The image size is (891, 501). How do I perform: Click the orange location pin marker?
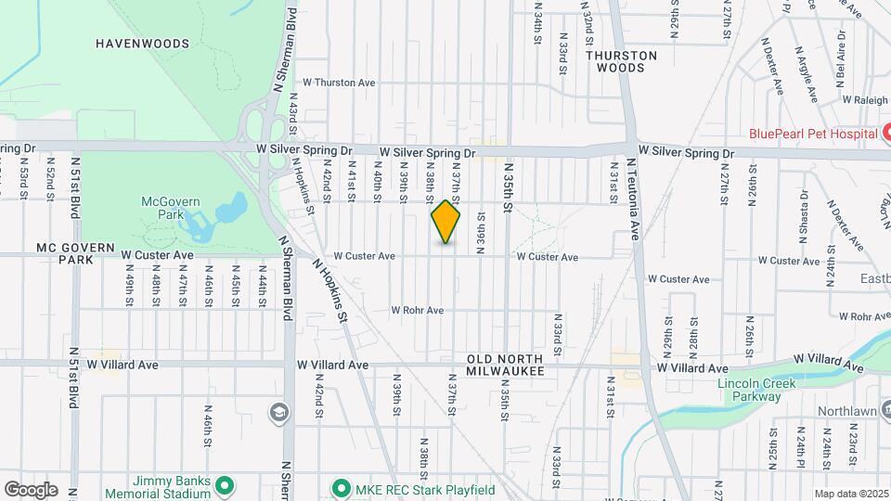click(446, 222)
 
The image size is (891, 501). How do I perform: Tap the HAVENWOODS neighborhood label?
click(142, 44)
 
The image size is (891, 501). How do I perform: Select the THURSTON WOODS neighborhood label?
click(621, 61)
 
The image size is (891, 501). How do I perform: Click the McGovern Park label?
click(164, 207)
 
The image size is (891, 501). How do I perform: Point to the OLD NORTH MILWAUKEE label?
click(504, 365)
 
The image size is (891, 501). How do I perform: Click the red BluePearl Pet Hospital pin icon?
click(886, 134)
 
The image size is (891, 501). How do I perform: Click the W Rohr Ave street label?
click(417, 310)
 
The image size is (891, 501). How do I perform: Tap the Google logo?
click(30, 489)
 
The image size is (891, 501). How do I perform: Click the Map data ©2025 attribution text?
click(851, 494)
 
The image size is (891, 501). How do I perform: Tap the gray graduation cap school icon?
click(278, 411)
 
